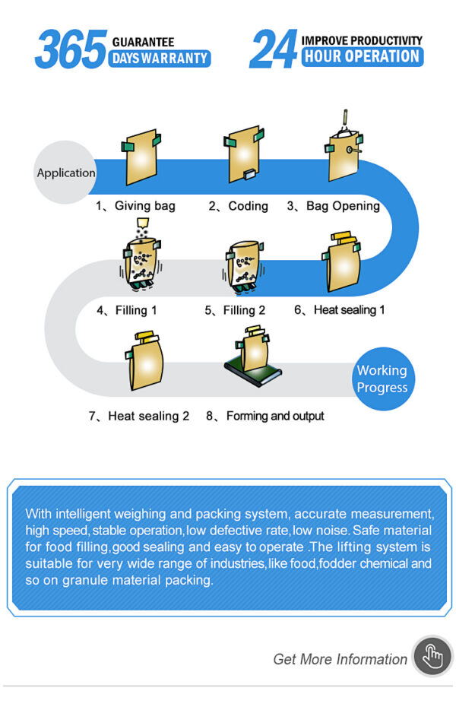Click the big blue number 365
[71, 49]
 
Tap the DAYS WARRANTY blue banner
[160, 59]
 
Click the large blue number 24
[274, 49]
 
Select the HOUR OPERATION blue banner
[363, 56]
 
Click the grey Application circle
[65, 172]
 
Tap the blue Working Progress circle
[382, 379]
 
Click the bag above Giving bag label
[141, 157]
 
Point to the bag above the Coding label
[244, 154]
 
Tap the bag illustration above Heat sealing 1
[342, 262]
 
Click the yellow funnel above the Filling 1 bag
[143, 223]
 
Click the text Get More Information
[340, 659]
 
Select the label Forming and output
[275, 416]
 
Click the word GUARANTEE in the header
[143, 42]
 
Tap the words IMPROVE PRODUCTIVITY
[362, 40]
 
